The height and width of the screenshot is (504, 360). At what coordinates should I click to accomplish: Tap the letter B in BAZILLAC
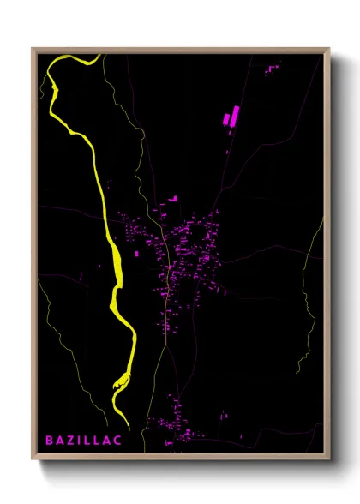(50, 440)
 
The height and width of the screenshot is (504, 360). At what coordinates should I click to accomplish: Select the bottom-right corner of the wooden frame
(328, 459)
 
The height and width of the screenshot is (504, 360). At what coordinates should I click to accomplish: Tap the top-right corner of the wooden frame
(328, 50)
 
